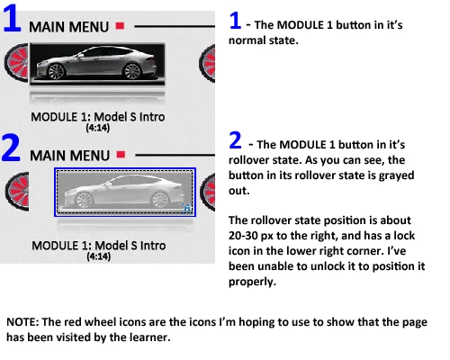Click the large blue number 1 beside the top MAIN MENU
(x=12, y=18)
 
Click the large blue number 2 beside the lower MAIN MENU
(x=11, y=148)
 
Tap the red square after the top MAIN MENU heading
(x=120, y=26)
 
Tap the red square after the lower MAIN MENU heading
(x=121, y=155)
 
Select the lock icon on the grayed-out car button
(x=186, y=208)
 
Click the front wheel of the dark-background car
(x=56, y=72)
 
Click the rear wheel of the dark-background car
(x=132, y=71)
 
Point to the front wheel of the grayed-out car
(x=84, y=200)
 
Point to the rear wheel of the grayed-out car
(x=160, y=200)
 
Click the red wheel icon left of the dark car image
(x=17, y=63)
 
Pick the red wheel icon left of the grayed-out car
(x=17, y=191)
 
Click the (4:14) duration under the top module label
(x=98, y=128)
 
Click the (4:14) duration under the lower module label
(x=99, y=256)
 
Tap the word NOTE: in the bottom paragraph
(x=22, y=322)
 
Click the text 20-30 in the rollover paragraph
(x=243, y=236)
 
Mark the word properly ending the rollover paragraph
(x=252, y=282)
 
